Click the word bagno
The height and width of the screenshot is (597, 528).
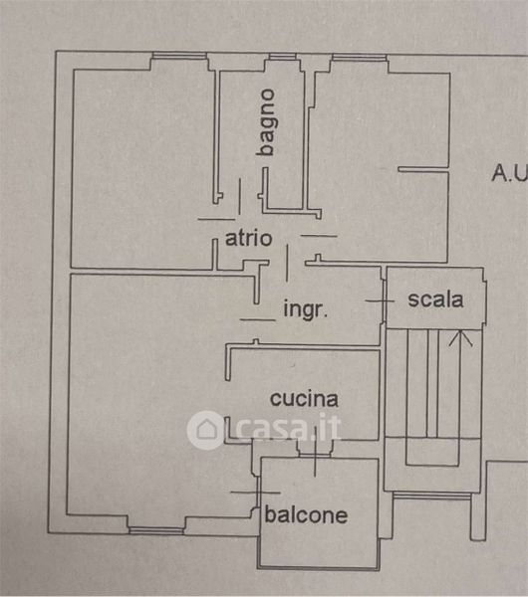266,122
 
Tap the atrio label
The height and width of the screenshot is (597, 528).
249,239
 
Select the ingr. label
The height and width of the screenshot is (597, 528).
306,309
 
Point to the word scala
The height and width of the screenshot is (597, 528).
435,299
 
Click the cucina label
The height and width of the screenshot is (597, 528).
304,399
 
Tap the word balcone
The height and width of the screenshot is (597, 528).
306,515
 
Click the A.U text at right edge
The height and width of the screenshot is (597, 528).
510,172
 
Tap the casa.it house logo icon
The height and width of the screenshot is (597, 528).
206,430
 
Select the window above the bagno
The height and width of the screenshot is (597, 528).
283,58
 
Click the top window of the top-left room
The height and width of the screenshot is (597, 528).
179,56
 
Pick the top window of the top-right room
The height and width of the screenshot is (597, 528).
360,58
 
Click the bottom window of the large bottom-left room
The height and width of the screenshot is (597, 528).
156,530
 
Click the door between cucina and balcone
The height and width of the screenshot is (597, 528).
315,452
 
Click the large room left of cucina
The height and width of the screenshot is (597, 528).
148,392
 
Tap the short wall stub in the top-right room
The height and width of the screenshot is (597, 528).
423,170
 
